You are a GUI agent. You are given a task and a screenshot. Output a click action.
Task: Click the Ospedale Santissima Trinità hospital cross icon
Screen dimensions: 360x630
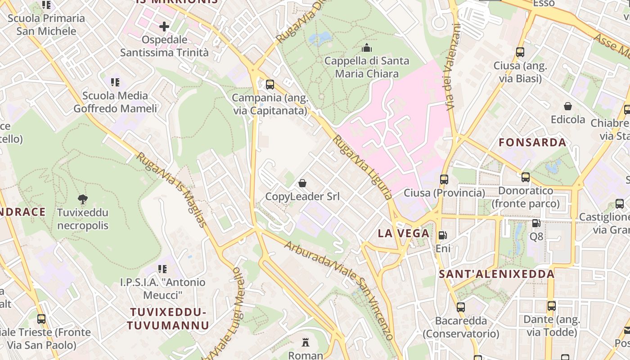click(164, 27)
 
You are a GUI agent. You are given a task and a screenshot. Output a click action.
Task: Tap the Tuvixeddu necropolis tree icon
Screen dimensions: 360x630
click(82, 199)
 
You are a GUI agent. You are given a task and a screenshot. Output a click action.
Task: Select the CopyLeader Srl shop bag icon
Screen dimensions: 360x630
click(302, 183)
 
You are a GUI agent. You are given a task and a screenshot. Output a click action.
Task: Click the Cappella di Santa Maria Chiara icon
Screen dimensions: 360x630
click(367, 47)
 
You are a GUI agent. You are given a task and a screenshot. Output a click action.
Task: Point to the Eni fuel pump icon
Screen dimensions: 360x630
click(443, 235)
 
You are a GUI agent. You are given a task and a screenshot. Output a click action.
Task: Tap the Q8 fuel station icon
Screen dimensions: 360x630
click(536, 223)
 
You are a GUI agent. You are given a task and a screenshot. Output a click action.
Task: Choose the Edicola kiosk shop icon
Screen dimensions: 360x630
click(568, 106)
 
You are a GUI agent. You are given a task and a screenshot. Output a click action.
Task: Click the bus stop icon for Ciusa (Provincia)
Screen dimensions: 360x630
click(444, 180)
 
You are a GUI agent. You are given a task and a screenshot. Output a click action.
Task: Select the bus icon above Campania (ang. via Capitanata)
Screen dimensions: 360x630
click(270, 84)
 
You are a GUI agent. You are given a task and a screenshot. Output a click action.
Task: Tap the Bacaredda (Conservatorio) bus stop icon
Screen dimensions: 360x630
click(461, 307)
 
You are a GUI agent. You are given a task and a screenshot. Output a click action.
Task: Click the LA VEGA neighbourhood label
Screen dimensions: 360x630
click(404, 233)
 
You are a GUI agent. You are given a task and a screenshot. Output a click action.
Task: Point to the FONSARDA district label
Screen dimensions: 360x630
click(532, 143)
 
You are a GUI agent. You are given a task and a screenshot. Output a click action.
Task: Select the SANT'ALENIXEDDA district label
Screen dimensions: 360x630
click(496, 274)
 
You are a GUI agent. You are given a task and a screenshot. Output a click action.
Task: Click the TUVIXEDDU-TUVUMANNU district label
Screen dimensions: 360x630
click(168, 319)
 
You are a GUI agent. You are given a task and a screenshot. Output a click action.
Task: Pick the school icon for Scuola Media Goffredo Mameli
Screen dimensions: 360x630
click(115, 82)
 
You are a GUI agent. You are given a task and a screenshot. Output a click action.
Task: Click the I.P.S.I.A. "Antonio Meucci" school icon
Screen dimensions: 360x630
click(162, 269)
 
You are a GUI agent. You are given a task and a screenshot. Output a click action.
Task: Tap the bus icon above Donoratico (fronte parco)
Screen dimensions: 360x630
click(525, 177)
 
